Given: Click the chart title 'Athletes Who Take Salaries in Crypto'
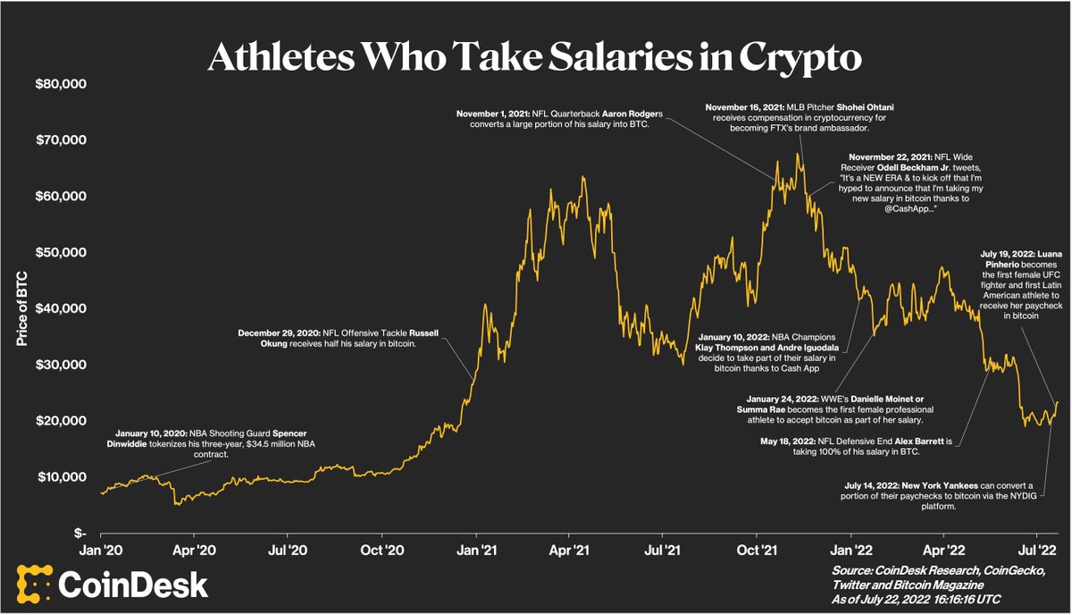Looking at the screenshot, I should click(x=535, y=55).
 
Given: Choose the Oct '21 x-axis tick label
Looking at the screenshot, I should click(x=757, y=552).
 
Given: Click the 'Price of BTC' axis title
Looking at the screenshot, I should click(x=20, y=308).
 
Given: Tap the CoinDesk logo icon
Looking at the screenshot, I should click(x=32, y=584).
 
